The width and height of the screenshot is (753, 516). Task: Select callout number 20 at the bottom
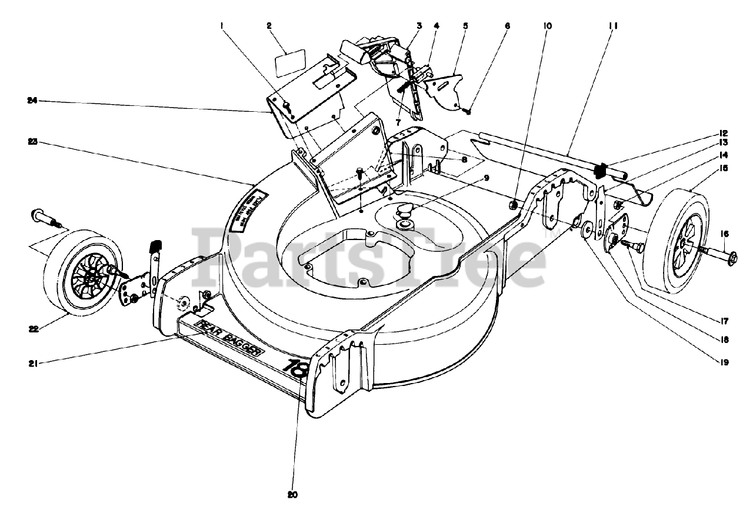point(292,495)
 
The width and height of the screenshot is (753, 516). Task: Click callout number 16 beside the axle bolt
point(724,234)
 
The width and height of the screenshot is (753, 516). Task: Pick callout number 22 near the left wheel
point(33,329)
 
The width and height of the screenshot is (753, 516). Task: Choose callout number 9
point(486,178)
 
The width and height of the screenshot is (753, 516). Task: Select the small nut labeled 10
point(512,205)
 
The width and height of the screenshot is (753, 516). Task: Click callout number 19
point(724,363)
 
